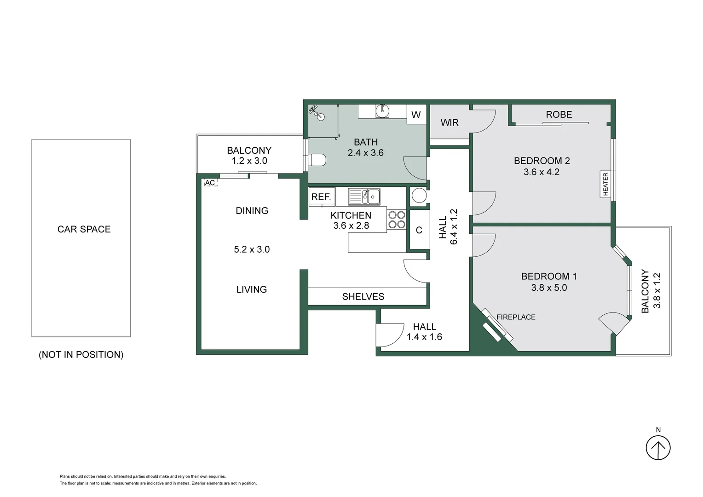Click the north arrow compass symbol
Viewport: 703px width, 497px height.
[x=658, y=448]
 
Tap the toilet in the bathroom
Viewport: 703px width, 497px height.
[x=317, y=160]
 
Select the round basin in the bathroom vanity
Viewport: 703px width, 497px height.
[x=382, y=110]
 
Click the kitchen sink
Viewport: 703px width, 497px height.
[x=364, y=196]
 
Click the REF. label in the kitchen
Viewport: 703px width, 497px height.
[x=321, y=197]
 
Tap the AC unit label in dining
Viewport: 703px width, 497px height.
[x=210, y=183]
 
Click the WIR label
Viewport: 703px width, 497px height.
[x=449, y=122]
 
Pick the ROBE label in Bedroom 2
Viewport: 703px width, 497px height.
[x=559, y=114]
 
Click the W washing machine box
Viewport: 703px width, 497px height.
[x=416, y=114]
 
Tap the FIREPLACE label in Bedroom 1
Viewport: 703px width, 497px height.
[x=516, y=317]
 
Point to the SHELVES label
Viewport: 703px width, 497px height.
[x=363, y=296]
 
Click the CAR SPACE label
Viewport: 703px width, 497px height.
[x=84, y=229]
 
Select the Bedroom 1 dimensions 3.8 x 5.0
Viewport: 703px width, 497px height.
[x=549, y=288]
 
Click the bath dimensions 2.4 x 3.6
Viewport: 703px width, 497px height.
[x=366, y=153]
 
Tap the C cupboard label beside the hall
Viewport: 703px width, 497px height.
[x=419, y=230]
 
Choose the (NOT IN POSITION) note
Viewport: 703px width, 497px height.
[x=81, y=354]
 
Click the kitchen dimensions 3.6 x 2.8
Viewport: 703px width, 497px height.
[x=351, y=225]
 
